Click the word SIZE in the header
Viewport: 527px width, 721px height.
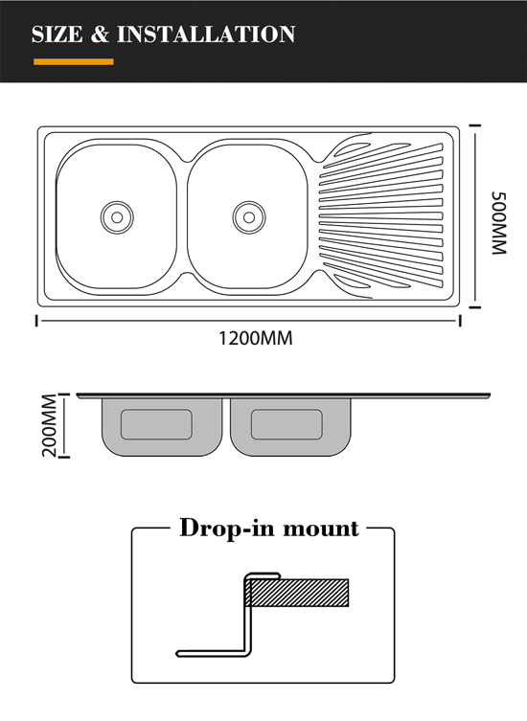(57, 34)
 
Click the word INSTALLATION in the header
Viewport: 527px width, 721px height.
(206, 34)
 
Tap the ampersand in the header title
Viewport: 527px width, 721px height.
(100, 34)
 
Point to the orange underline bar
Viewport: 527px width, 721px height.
(74, 61)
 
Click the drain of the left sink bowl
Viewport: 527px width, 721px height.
(117, 217)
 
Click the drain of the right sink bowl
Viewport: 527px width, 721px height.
(249, 217)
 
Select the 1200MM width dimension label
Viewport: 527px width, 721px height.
(256, 338)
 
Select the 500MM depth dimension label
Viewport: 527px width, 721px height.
(499, 223)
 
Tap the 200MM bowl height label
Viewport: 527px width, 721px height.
(49, 425)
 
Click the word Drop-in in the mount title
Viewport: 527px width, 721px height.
(227, 528)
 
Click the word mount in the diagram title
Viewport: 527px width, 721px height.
(320, 529)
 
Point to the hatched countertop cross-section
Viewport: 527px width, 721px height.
(297, 593)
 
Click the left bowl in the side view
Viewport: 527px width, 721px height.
(162, 427)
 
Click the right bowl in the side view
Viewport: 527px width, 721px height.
(290, 427)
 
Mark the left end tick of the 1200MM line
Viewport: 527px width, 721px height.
(36, 321)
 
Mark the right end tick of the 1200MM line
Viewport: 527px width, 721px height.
(459, 321)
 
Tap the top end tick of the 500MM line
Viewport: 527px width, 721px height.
(475, 125)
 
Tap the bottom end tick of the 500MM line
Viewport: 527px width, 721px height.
(475, 307)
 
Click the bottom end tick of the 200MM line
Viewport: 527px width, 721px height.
(64, 457)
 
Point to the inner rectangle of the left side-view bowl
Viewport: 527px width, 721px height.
(156, 424)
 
